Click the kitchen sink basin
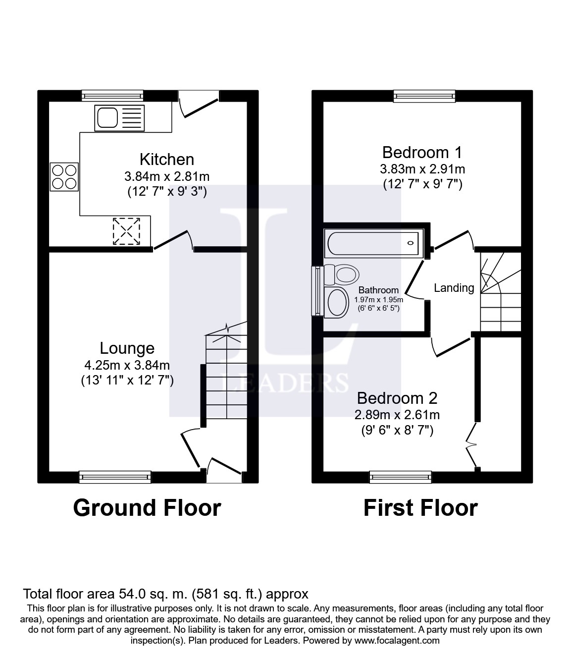[107, 117]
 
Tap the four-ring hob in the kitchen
[64, 177]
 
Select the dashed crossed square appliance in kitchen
[126, 231]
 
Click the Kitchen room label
[167, 160]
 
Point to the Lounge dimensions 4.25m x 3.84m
[127, 365]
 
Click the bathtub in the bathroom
[374, 243]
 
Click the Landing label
[454, 288]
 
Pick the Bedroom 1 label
[422, 153]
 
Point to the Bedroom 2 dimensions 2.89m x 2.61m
[397, 415]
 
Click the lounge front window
[115, 477]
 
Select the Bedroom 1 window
[424, 96]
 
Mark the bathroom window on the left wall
[317, 291]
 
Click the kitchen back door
[199, 105]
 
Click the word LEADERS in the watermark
[285, 382]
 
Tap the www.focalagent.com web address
[395, 641]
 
